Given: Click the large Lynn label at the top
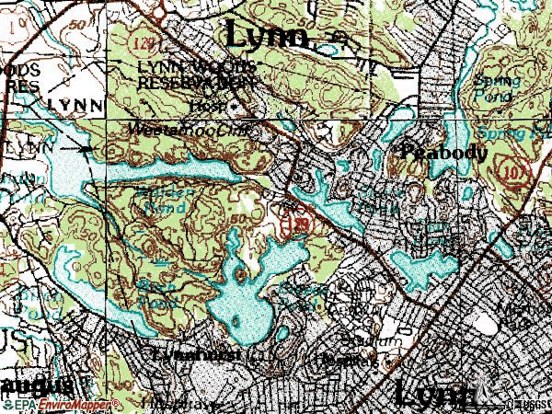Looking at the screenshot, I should [267, 36].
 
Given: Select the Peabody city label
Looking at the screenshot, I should [444, 153].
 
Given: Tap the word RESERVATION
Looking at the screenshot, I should [195, 83].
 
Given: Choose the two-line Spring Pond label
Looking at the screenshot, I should [497, 87].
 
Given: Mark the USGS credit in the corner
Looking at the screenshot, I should [528, 403].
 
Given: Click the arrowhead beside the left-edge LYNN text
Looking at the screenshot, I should [86, 148].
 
